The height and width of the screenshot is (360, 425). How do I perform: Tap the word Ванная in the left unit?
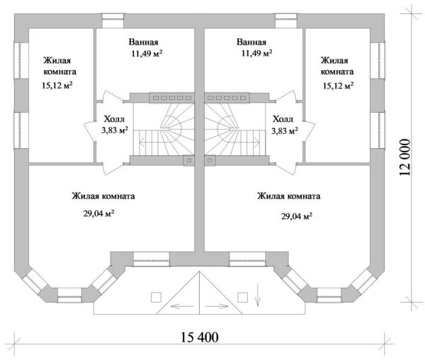[x=143, y=42]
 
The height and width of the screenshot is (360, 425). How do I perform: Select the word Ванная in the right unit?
[x=251, y=42]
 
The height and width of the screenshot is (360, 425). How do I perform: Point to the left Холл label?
[x=114, y=119]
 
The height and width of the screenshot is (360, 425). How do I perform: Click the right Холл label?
[x=282, y=119]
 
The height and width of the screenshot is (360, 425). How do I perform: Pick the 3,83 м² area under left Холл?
[x=114, y=130]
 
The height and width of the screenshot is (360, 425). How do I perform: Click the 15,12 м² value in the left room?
[x=59, y=85]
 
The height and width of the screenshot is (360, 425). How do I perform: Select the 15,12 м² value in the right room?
[x=337, y=85]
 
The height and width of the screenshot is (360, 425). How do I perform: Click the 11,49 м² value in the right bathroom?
[x=256, y=53]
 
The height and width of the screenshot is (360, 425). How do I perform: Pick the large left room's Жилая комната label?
[x=103, y=196]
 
